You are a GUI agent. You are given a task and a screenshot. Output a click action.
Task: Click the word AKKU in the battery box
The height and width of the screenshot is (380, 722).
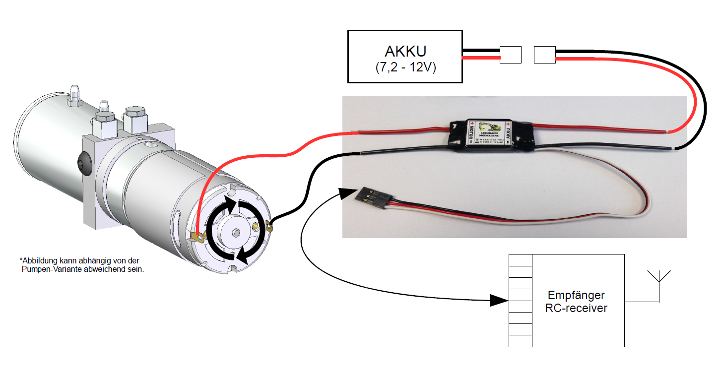click(405, 52)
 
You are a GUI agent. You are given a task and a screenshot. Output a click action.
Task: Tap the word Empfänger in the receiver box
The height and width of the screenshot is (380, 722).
click(576, 295)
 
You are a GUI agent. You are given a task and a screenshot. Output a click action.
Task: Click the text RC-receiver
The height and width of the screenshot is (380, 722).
click(576, 308)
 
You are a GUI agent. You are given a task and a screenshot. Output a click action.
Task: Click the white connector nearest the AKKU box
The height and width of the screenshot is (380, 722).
click(510, 55)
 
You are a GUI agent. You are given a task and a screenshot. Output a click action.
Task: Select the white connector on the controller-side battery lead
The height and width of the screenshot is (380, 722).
click(545, 55)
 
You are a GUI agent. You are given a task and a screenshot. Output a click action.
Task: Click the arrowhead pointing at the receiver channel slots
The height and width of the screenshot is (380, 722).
click(498, 300)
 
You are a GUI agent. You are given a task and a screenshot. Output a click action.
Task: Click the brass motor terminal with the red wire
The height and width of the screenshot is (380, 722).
click(197, 236)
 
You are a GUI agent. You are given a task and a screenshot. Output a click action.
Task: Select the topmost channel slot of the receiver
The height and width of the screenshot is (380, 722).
click(521, 260)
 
